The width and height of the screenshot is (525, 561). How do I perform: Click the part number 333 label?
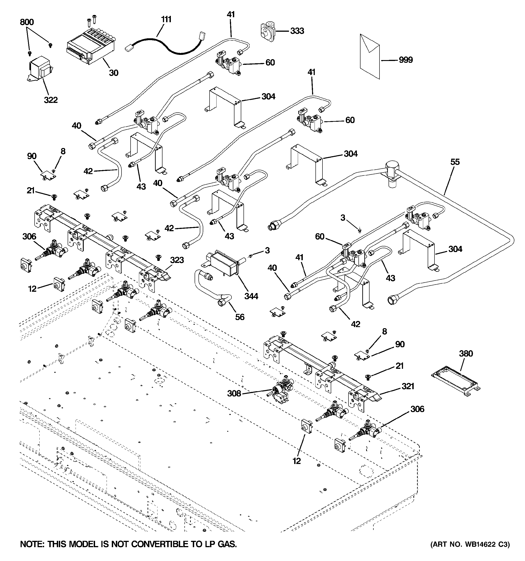pos(297,31)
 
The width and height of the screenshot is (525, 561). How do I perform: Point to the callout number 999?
pos(406,60)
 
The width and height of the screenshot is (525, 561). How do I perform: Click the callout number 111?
pos(166,19)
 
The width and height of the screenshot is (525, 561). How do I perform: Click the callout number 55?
pos(455,162)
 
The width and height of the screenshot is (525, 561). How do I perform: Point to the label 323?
pos(177,260)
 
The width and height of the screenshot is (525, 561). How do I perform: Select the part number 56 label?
pos(240,317)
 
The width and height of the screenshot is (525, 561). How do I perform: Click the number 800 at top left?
pos(27,22)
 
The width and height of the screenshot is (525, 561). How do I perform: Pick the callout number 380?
pos(466,353)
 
